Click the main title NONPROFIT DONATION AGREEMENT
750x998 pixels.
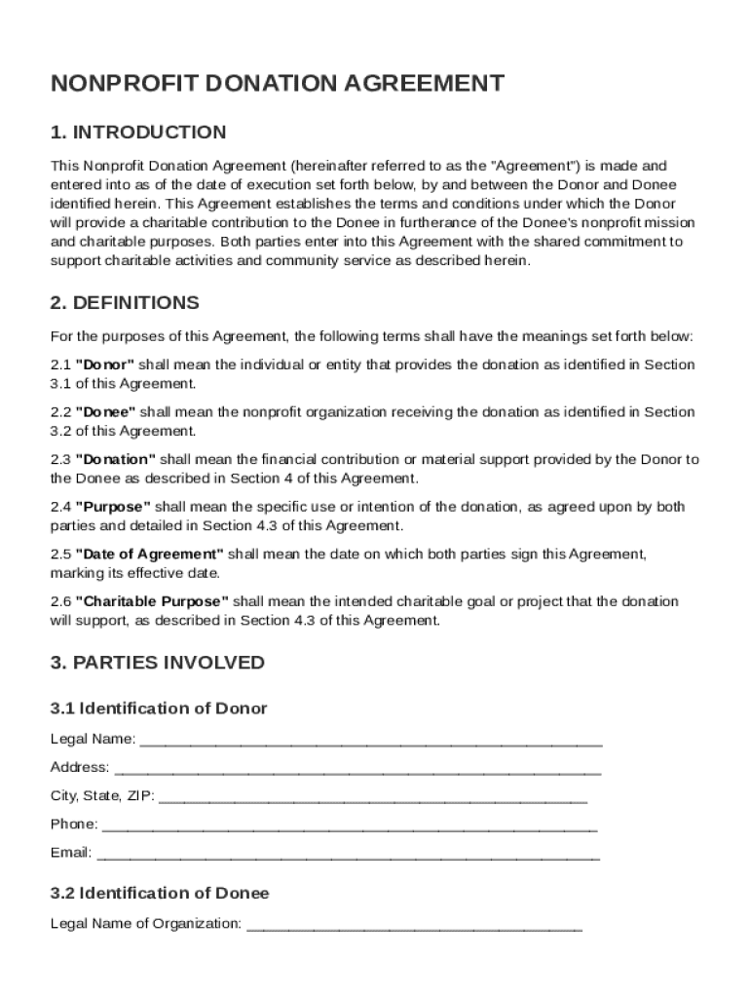278,84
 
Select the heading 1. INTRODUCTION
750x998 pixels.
138,133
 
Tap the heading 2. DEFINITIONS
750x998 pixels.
125,303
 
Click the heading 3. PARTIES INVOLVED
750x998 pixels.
157,663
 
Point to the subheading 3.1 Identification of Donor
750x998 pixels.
159,709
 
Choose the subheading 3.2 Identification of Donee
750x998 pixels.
160,894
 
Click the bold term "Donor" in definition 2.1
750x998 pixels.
105,365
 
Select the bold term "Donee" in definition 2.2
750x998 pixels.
105,412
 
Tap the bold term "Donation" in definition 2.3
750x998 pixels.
115,459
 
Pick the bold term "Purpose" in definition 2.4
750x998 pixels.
113,507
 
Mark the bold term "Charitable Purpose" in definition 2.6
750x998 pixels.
152,601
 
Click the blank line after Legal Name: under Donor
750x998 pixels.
371,742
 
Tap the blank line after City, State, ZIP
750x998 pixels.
372,798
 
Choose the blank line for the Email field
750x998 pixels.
349,856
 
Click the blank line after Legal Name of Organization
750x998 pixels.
414,926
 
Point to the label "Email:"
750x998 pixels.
71,854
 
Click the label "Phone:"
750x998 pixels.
74,825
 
